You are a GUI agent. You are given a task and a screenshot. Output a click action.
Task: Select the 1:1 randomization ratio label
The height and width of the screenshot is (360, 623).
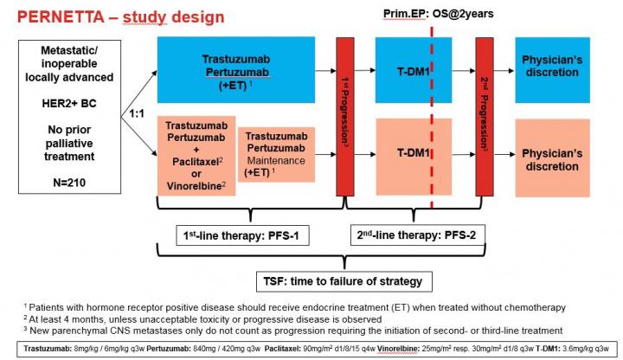tap(136, 112)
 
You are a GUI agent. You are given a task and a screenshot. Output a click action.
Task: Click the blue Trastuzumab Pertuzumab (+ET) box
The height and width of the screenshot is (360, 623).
tap(234, 66)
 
